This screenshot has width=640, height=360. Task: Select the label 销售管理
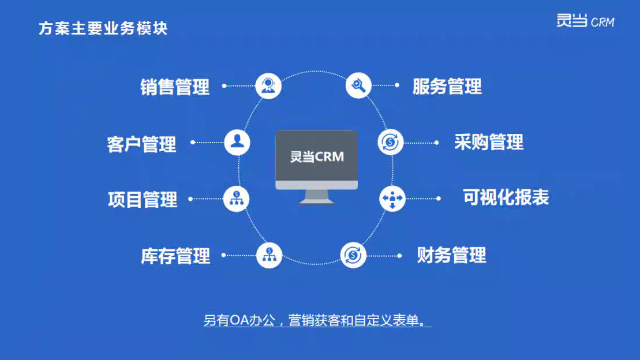[x=175, y=87]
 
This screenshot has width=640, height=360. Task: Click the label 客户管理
[x=141, y=144]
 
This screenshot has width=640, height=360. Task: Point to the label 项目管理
[x=142, y=199]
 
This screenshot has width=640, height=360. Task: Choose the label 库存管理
[x=175, y=256]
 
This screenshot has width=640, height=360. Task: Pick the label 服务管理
[x=447, y=86]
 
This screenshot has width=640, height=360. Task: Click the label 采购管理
[x=489, y=142]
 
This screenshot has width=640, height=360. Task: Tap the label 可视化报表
[x=505, y=197]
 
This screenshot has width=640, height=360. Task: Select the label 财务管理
[x=451, y=254]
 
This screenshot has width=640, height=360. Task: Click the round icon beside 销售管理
[x=268, y=86]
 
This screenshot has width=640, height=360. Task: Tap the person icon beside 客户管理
[x=236, y=142]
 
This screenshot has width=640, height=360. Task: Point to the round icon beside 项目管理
[x=237, y=198]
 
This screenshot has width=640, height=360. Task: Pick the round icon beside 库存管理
[x=268, y=254]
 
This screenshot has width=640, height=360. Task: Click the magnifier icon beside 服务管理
[x=359, y=86]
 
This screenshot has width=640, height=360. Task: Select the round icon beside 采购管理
[x=391, y=142]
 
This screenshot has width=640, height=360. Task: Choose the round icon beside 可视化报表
[x=392, y=198]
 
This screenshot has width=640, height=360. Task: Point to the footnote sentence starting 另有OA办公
[x=318, y=321]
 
